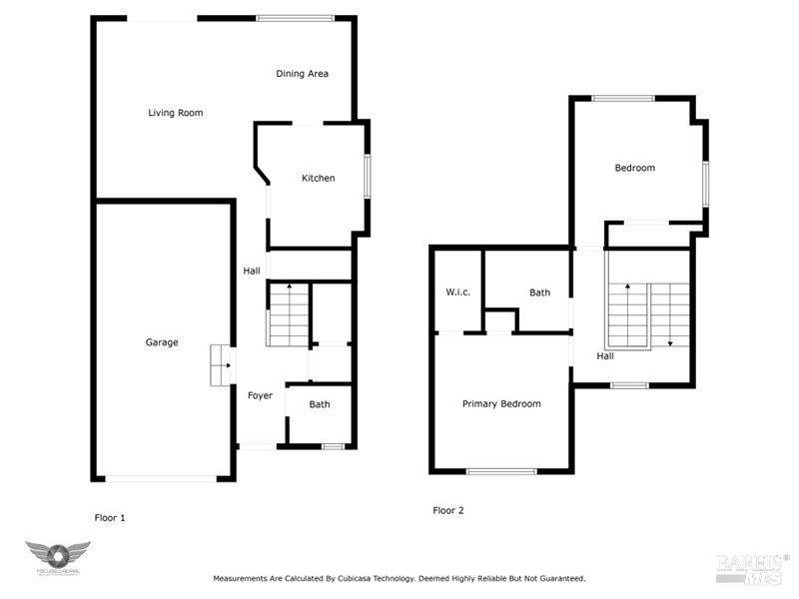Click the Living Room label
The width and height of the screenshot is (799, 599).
(176, 113)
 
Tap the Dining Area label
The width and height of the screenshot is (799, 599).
(302, 74)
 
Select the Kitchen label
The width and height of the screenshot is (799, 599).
(319, 179)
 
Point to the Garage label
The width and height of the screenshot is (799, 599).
(162, 342)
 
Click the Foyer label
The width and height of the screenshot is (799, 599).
(260, 396)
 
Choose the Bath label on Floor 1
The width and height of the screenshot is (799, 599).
(319, 404)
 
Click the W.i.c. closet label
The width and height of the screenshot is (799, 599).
(457, 293)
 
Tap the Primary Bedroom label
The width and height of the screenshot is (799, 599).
(501, 404)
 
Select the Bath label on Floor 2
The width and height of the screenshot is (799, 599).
(539, 293)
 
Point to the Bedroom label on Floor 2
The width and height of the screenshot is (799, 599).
(634, 168)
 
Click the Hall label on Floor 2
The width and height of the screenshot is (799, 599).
(605, 356)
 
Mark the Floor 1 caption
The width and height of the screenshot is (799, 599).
(110, 518)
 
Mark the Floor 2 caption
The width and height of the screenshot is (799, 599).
(448, 510)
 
